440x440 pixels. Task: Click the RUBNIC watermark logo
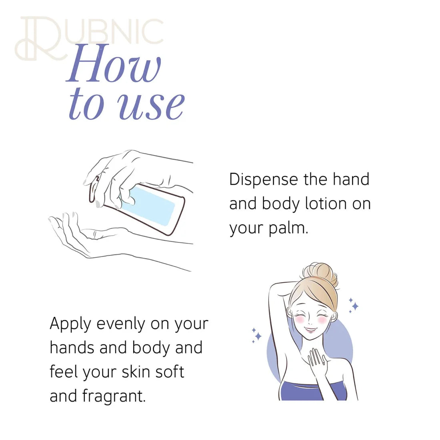click(89, 38)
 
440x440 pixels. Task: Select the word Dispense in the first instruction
click(264, 180)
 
